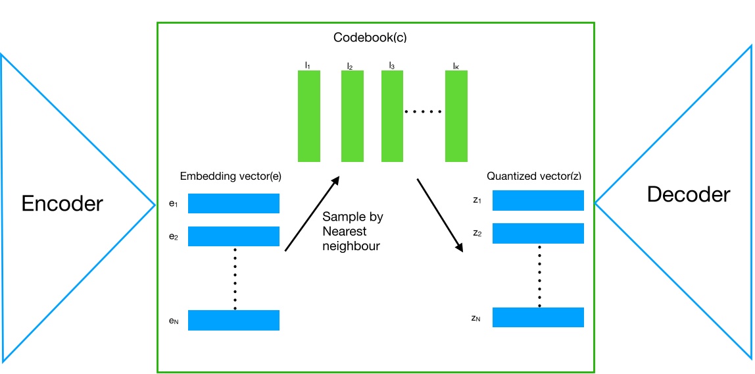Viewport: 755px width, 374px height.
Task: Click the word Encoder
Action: [62, 203]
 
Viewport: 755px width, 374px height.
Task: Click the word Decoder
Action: [688, 194]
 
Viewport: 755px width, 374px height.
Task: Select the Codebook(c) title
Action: [379, 38]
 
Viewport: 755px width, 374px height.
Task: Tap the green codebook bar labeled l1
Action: [309, 116]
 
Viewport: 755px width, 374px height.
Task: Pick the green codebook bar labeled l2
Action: [352, 116]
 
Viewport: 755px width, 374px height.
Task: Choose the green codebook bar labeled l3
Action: [393, 116]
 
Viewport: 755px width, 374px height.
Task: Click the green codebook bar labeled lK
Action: [456, 116]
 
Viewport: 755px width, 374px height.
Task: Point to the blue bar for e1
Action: [233, 203]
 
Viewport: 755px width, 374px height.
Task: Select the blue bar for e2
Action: [233, 236]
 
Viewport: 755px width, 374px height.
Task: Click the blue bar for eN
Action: [233, 320]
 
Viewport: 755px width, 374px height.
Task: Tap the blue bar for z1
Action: [538, 200]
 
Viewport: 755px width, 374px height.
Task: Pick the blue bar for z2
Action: [538, 233]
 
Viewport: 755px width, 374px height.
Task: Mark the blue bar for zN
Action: [538, 317]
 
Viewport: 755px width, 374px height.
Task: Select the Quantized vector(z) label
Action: [533, 176]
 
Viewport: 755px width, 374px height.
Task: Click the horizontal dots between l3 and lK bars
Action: [423, 113]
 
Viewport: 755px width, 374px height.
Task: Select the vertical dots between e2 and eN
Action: [235, 278]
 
